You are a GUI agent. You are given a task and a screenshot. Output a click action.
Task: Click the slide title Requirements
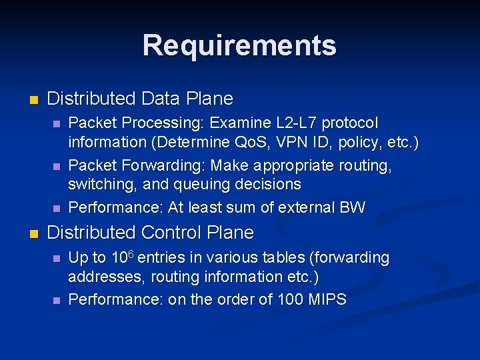pos(239,45)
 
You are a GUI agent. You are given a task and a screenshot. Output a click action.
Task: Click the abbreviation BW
pos(352,207)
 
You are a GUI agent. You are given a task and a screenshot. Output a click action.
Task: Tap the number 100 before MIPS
pos(289,300)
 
